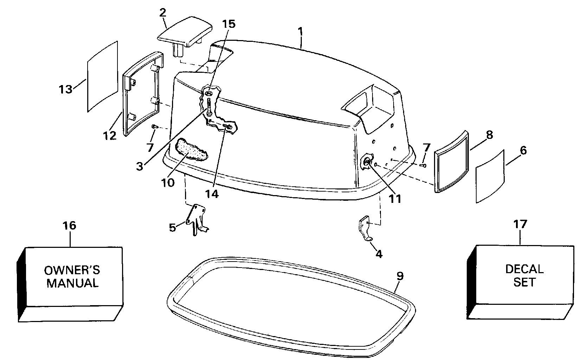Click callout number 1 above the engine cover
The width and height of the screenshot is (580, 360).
point(300,31)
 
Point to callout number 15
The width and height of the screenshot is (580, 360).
point(229,24)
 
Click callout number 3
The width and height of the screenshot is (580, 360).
point(140,166)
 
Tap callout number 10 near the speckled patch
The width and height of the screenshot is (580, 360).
point(168,182)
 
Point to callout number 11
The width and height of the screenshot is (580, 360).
point(395,199)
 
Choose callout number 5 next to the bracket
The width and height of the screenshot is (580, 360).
point(172,227)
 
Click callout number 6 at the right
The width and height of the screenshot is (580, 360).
point(523,151)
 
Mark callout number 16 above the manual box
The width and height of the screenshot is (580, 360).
point(70,225)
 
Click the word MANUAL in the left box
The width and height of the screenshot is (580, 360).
point(72,283)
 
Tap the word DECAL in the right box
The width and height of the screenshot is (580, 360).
point(524,269)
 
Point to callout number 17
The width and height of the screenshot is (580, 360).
point(520,224)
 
